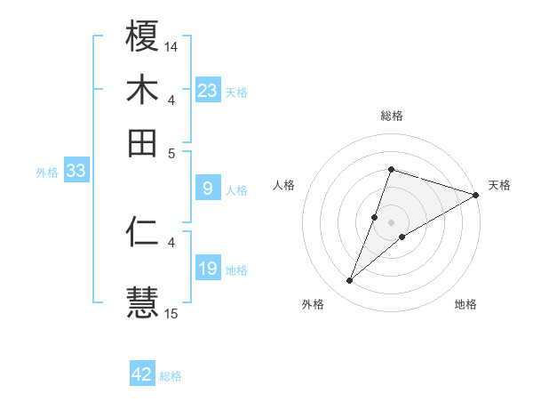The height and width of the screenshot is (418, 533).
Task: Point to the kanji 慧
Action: pyautogui.click(x=142, y=299)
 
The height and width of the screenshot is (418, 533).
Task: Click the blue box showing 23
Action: pyautogui.click(x=208, y=91)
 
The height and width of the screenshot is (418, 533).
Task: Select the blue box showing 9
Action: pyautogui.click(x=208, y=189)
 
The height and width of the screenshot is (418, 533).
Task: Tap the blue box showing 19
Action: pyautogui.click(x=208, y=269)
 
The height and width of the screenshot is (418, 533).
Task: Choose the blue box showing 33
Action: pyautogui.click(x=76, y=172)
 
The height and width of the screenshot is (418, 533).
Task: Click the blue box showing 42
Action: pyautogui.click(x=142, y=374)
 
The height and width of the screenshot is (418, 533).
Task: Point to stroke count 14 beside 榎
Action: pyautogui.click(x=171, y=45)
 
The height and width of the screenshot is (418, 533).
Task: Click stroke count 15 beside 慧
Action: pyautogui.click(x=171, y=313)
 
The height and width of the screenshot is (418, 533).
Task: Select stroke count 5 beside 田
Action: pyautogui.click(x=171, y=152)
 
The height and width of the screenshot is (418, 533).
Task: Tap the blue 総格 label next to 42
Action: pyautogui.click(x=171, y=376)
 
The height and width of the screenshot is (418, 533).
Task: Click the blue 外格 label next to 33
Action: pyautogui.click(x=46, y=173)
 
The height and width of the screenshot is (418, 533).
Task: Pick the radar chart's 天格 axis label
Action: pyautogui.click(x=499, y=185)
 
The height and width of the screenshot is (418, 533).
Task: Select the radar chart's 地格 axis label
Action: pyautogui.click(x=465, y=304)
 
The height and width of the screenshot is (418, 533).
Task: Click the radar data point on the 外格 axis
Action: pyautogui.click(x=350, y=281)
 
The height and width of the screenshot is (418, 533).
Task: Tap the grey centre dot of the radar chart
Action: pyautogui.click(x=391, y=221)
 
